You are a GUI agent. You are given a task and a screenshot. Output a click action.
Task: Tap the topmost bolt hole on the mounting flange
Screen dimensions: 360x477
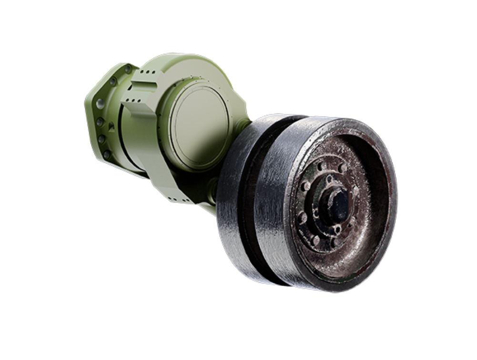click(x=128, y=70)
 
